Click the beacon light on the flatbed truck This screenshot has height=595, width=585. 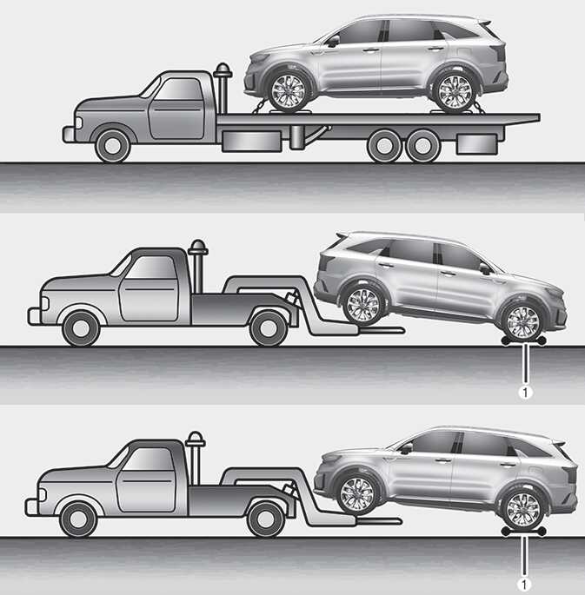pos(223,70)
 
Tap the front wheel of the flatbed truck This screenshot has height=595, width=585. pos(112,146)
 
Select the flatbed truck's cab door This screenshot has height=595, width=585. pos(176,109)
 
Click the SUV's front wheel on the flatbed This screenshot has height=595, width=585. pos(288,92)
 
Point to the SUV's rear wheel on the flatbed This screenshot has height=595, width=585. pos(455,93)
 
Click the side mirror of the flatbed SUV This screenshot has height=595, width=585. pos(333,40)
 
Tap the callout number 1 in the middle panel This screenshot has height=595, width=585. pos(525,393)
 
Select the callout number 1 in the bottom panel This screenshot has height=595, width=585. pos(524,585)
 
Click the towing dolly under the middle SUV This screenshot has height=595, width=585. pos(524,341)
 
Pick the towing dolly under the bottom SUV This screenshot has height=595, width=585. pos(524,532)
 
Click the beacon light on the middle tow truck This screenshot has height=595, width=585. pos(198,247)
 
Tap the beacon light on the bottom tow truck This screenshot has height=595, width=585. pos(196,439)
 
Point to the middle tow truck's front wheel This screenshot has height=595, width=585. pos(81,328)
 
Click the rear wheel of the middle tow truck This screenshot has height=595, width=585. pos(269,328)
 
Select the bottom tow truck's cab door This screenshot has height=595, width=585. pos(147,479)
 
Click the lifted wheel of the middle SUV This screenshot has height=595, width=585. pos(363,306)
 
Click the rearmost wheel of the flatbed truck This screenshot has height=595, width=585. pos(422,146)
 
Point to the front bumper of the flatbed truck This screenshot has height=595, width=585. pos(69,135)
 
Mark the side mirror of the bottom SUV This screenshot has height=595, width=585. pos(406,448)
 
